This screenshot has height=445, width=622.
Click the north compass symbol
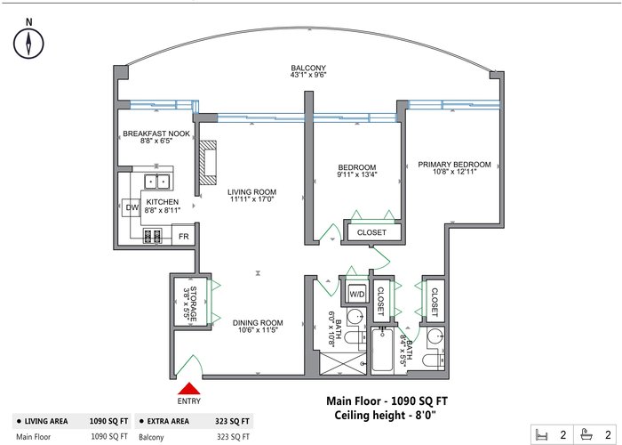(28, 44)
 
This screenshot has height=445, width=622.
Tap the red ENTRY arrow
(189, 389)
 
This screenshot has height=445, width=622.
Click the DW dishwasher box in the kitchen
(132, 207)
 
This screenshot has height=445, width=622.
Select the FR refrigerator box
(183, 237)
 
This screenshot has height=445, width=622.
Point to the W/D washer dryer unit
(357, 294)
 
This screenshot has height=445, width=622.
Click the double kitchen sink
(156, 182)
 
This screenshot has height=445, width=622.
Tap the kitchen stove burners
(152, 237)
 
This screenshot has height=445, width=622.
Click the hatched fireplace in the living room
(208, 163)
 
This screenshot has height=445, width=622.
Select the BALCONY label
(308, 68)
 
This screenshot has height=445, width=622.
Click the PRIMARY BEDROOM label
(454, 165)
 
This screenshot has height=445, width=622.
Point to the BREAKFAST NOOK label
(156, 133)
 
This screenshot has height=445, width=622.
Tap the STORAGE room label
(193, 303)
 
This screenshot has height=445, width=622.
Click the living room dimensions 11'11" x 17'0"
(251, 199)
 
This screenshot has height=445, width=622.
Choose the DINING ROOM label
(258, 322)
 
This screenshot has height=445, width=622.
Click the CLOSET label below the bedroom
(371, 232)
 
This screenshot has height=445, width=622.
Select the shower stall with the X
(343, 363)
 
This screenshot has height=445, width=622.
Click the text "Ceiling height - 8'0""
(385, 416)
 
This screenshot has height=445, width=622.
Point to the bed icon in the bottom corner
(541, 434)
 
